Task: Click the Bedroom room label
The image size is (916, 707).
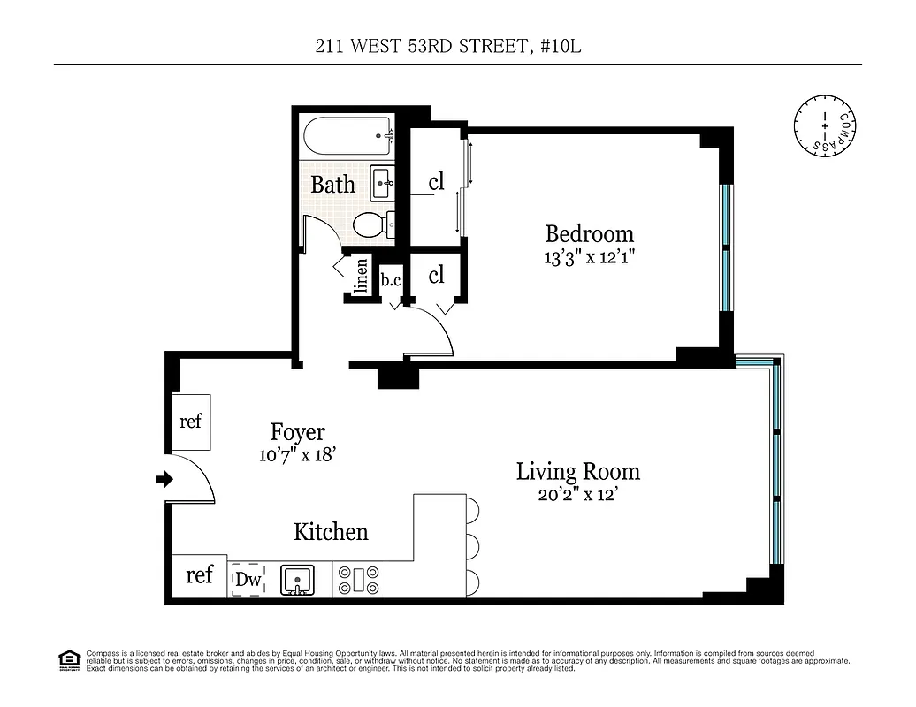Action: pyautogui.click(x=589, y=234)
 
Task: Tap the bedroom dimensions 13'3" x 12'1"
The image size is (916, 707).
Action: pyautogui.click(x=589, y=258)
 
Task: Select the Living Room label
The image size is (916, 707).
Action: pyautogui.click(x=577, y=472)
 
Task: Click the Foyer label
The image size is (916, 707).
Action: pyautogui.click(x=297, y=433)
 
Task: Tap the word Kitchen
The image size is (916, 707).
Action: pyautogui.click(x=331, y=532)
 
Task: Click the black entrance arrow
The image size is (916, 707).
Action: pyautogui.click(x=163, y=479)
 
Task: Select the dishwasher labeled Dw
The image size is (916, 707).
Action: pyautogui.click(x=247, y=581)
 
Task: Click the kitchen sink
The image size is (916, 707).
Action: pyautogui.click(x=298, y=581)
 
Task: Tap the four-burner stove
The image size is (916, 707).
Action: pyautogui.click(x=360, y=581)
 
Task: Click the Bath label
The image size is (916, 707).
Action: pyautogui.click(x=332, y=185)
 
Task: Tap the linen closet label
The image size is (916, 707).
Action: pyautogui.click(x=361, y=277)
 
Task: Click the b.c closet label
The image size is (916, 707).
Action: pyautogui.click(x=390, y=280)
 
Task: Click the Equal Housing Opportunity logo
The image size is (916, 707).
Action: pyautogui.click(x=67, y=660)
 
